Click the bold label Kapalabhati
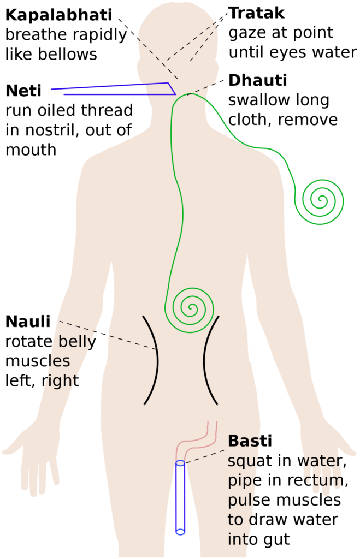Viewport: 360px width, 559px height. tap(59, 15)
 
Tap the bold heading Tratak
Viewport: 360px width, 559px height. tap(257, 13)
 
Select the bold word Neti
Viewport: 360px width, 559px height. tap(23, 91)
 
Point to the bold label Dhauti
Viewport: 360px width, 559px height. tap(258, 81)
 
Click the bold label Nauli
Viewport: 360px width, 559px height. tap(28, 322)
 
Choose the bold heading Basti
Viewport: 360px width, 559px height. tap(250, 441)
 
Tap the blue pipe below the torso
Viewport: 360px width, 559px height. tap(180, 497)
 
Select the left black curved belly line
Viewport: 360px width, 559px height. tap(157, 360)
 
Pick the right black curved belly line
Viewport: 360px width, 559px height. tap(204, 360)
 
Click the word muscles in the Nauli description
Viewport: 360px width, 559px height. tap(38, 361)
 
